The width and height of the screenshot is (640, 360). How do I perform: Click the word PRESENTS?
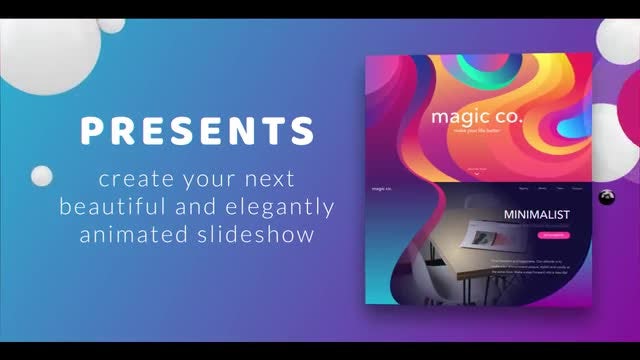click(198, 132)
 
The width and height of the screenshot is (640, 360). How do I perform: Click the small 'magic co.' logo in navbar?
click(382, 188)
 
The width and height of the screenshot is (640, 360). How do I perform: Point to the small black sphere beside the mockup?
click(605, 197)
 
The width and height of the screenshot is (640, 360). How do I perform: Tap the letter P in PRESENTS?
click(93, 132)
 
